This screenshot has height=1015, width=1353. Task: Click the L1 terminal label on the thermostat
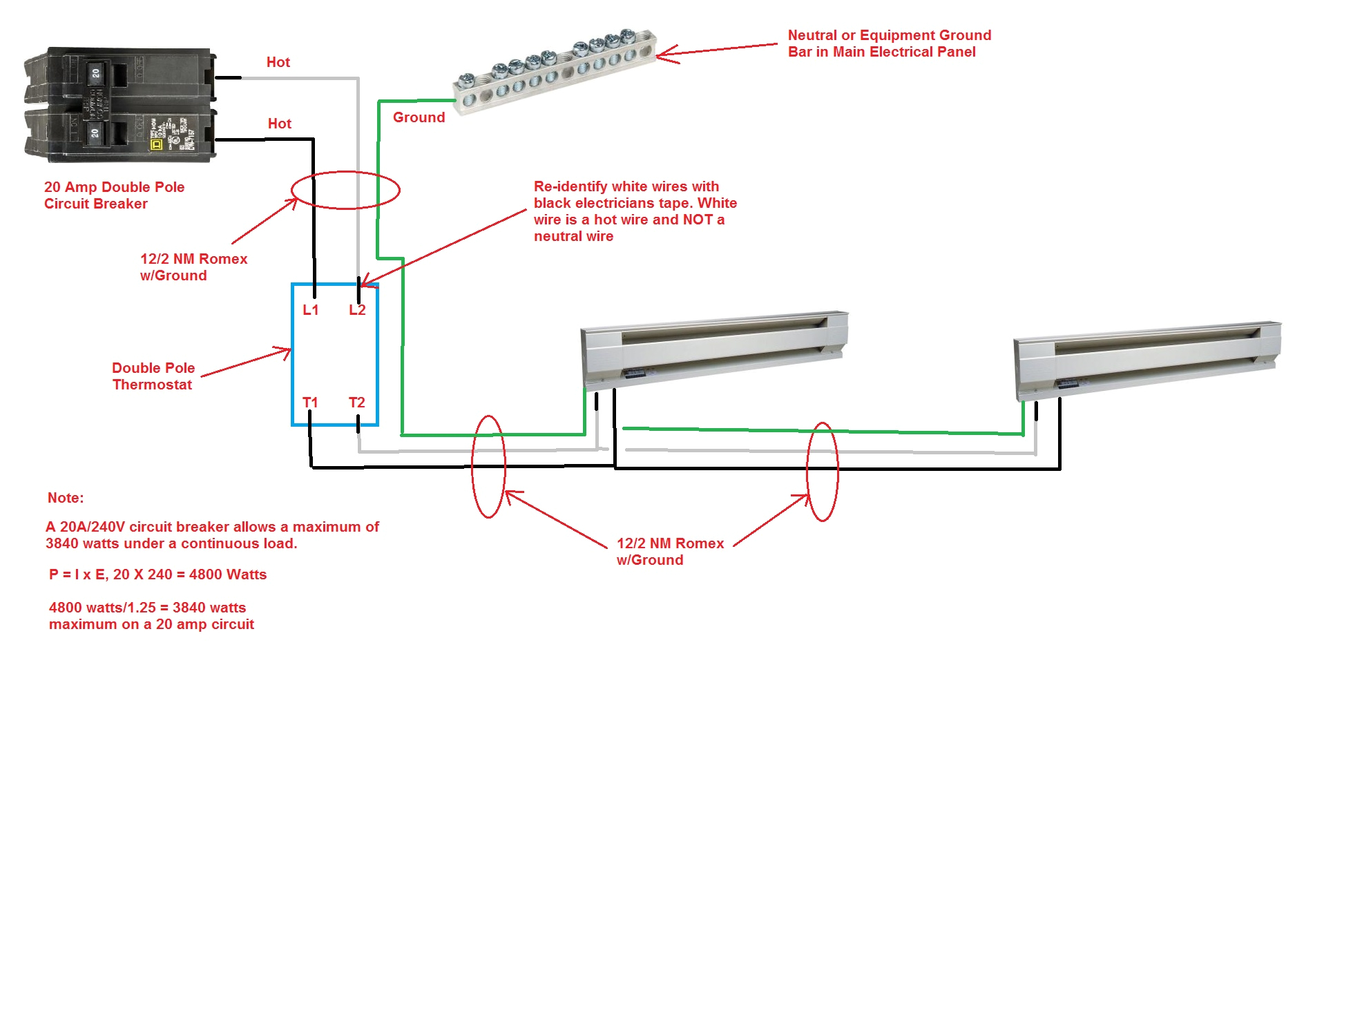point(311,310)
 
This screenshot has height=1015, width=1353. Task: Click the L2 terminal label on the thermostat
point(357,310)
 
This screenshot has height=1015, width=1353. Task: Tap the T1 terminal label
point(310,403)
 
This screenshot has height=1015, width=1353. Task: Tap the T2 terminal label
point(356,403)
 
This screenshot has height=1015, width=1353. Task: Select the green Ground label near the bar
point(419,117)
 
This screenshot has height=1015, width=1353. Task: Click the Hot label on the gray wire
point(278,62)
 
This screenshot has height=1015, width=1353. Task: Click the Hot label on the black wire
point(280,124)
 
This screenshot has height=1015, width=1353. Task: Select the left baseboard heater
point(713,349)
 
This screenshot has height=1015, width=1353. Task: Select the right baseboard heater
point(1146,360)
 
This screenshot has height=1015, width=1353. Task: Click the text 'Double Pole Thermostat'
point(153,376)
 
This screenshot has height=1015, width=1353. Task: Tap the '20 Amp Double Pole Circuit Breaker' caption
point(114,195)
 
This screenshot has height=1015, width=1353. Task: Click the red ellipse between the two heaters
point(823,472)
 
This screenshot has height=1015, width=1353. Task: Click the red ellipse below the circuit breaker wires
point(345,190)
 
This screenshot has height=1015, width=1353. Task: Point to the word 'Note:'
point(66,498)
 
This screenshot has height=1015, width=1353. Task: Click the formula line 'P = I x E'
point(157,574)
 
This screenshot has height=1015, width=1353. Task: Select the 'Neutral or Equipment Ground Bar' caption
point(889,43)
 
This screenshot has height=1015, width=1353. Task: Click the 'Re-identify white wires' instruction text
point(635,211)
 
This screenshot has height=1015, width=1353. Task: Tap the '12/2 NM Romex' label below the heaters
point(669,552)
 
